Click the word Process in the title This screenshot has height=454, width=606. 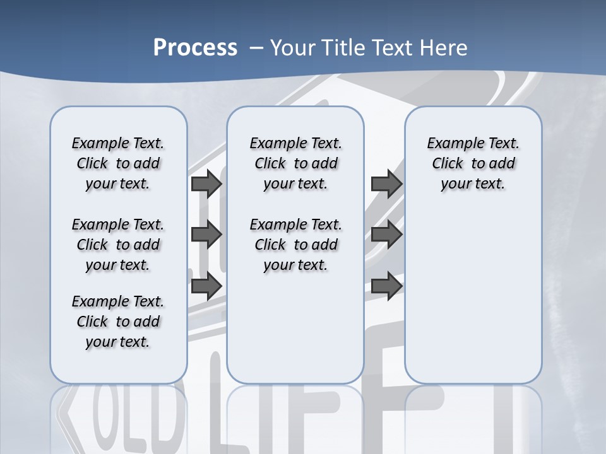coord(195,48)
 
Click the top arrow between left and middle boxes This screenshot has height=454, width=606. coord(206,184)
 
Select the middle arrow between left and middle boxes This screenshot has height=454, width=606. coord(206,235)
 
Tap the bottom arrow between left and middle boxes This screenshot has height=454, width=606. coord(206,286)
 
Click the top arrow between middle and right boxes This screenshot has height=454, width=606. coord(386,184)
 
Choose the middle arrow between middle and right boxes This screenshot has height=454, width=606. coord(386,235)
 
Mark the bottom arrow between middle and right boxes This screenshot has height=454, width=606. coord(386,286)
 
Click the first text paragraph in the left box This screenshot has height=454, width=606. coord(118,163)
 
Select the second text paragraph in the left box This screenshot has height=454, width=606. coord(118,245)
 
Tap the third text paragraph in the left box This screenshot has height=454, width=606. coord(118,322)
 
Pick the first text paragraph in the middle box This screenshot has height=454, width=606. coord(295,163)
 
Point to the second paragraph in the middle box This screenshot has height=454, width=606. coord(295,245)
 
